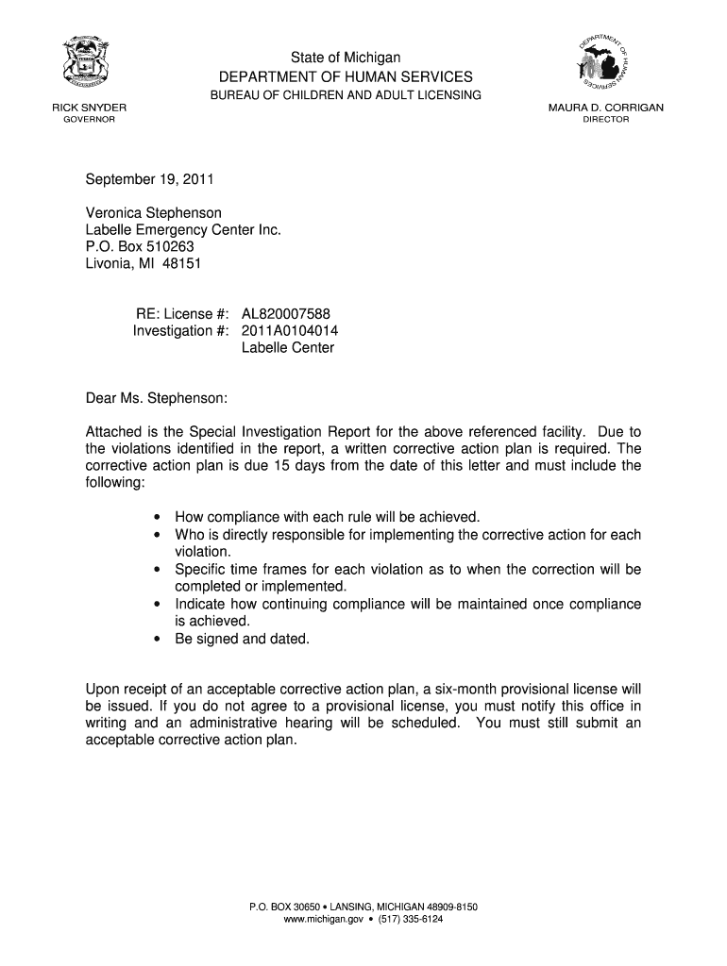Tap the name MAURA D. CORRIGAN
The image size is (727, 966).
pyautogui.click(x=605, y=108)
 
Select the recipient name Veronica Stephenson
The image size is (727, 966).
pyautogui.click(x=154, y=213)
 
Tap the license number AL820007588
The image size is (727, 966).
pyautogui.click(x=286, y=314)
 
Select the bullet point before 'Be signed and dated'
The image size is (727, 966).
pyautogui.click(x=156, y=639)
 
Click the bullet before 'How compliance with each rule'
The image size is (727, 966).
pyautogui.click(x=156, y=518)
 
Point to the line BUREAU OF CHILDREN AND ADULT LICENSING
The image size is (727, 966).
pyautogui.click(x=346, y=95)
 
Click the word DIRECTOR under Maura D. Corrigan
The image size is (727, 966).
pyautogui.click(x=605, y=120)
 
